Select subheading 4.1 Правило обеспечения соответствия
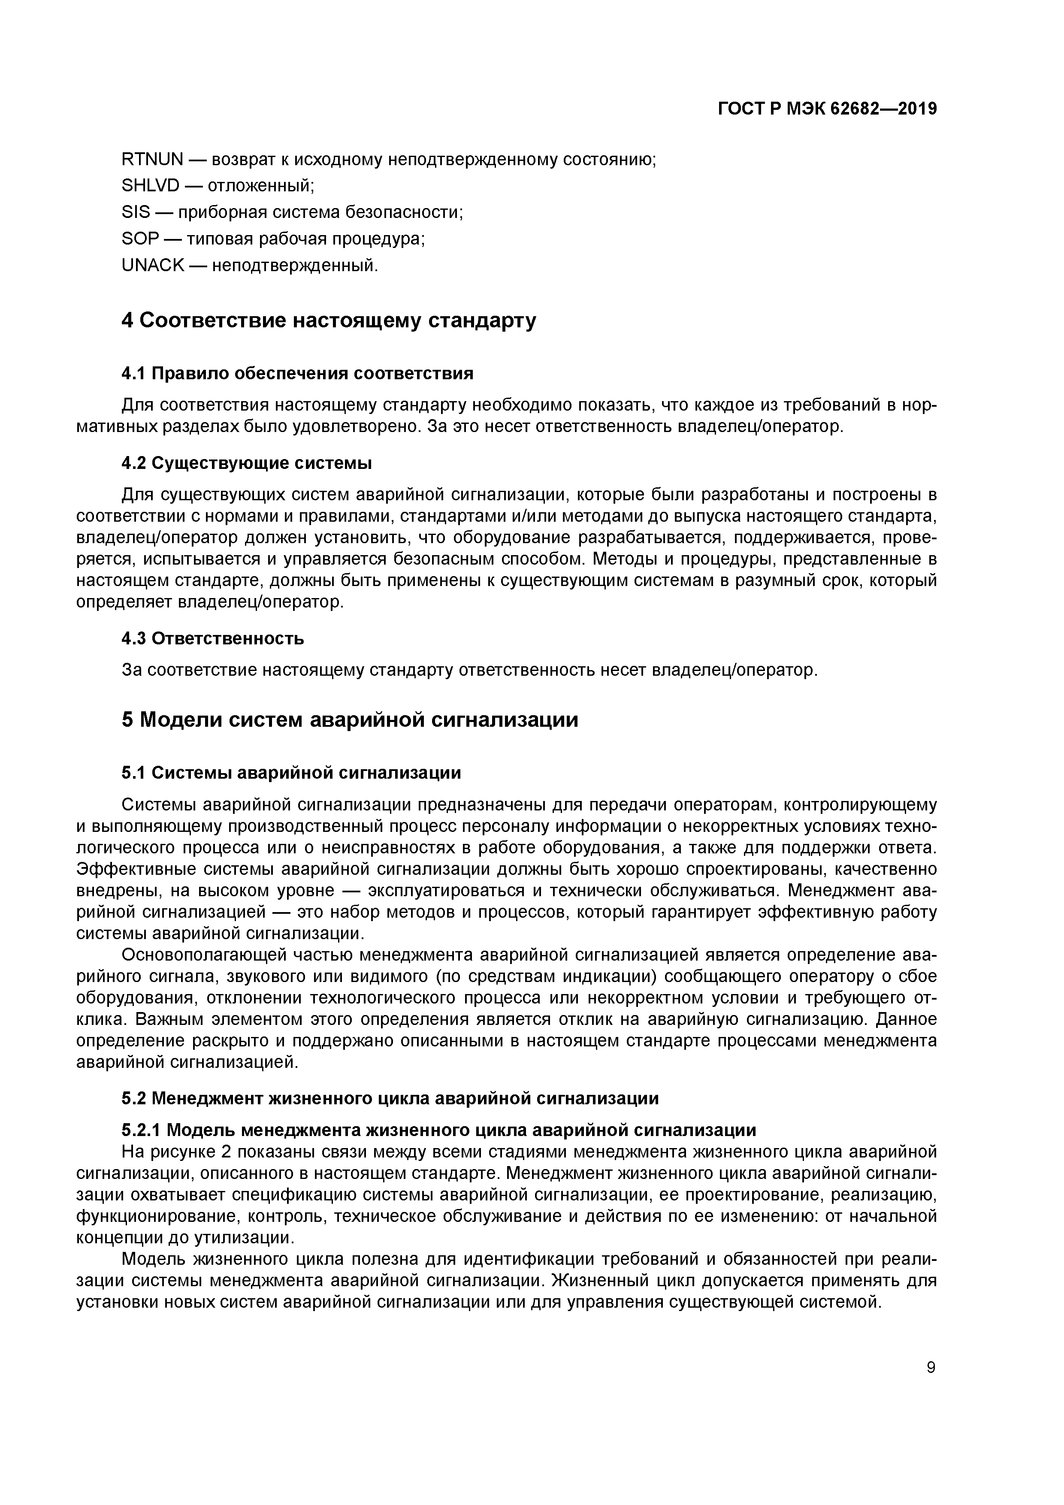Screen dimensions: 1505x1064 click(x=297, y=374)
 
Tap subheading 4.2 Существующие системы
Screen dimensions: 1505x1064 click(x=247, y=463)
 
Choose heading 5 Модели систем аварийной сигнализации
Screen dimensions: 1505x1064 click(x=349, y=720)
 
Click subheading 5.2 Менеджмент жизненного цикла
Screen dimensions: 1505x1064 click(x=390, y=1098)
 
